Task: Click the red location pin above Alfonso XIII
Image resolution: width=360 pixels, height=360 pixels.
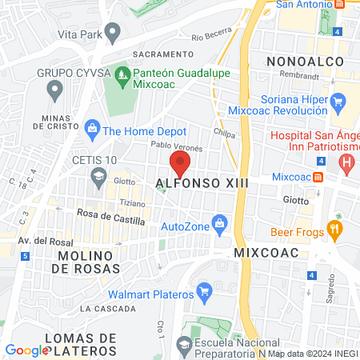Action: coord(180,164)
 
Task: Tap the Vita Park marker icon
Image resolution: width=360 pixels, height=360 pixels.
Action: coord(113,34)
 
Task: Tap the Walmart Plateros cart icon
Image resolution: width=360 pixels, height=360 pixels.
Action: coord(203,289)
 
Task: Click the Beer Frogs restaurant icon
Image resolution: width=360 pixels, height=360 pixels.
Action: coord(334,232)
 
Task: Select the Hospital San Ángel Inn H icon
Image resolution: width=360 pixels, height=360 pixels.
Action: coord(346,166)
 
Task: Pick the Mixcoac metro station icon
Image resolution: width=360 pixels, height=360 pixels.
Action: coord(318,176)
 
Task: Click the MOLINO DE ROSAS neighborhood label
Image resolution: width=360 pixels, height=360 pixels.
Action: coord(88,262)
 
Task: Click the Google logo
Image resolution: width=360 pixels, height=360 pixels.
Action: coord(26,350)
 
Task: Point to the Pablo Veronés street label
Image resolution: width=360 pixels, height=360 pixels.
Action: coord(177,147)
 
